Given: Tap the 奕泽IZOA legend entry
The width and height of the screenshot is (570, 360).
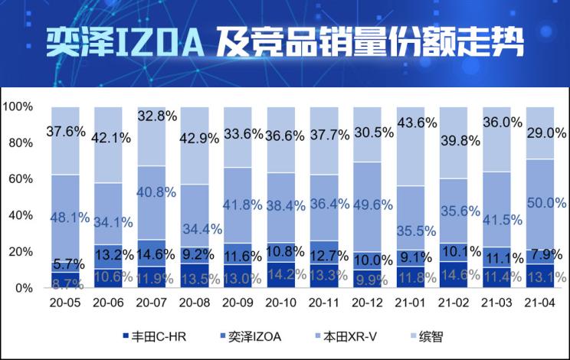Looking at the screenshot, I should (254, 336).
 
